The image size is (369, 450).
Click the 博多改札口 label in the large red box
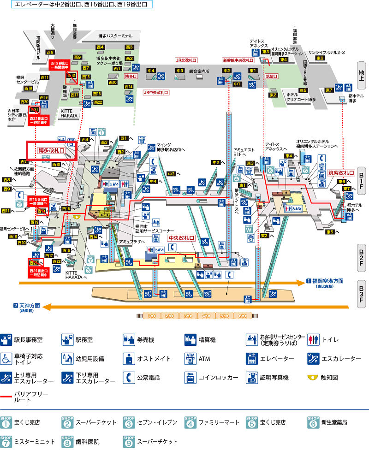(x=51, y=150)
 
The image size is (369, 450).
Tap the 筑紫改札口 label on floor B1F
(x=341, y=173)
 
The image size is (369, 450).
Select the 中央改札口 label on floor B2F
(x=181, y=239)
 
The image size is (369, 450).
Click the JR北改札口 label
(x=186, y=60)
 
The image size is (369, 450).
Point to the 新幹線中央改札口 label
(x=238, y=60)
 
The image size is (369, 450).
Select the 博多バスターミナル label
(x=115, y=36)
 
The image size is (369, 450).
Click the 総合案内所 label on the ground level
(x=199, y=71)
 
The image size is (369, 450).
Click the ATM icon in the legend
(x=190, y=358)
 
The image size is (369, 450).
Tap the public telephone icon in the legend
(x=129, y=377)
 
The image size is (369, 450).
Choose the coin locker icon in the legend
(x=190, y=377)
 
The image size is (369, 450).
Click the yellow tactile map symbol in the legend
(x=313, y=377)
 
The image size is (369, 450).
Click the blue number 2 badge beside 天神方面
(x=15, y=305)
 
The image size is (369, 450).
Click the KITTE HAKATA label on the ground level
(x=70, y=113)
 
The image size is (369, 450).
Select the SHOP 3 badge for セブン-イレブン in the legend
(x=129, y=421)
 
